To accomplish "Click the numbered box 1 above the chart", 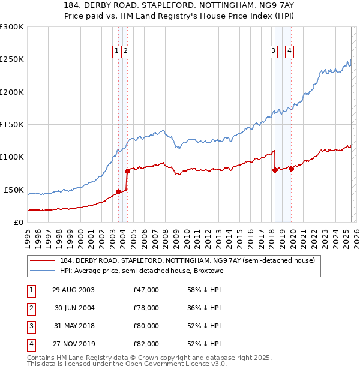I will coord(116,52).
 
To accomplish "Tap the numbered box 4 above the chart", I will coord(289,52).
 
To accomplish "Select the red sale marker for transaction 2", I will coord(127,171).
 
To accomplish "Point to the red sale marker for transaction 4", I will coord(291,169).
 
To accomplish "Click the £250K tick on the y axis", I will coord(12,59).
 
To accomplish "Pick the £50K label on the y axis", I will coord(14,190).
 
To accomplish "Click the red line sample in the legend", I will coord(43,260).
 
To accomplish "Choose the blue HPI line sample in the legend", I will coord(43,271).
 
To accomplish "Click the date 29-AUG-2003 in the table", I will coord(73,290).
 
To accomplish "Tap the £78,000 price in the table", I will coord(146,308).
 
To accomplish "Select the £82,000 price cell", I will coord(146,344).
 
